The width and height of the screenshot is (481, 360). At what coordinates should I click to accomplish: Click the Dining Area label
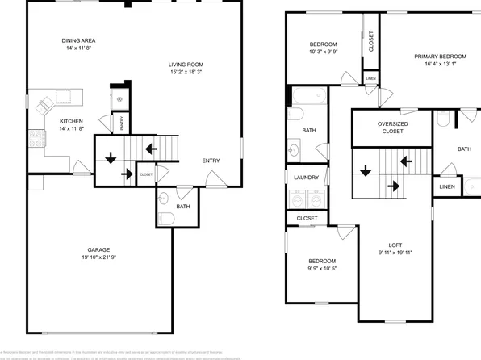[x=78, y=40]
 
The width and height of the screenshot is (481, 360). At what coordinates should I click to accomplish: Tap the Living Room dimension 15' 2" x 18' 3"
[x=186, y=73]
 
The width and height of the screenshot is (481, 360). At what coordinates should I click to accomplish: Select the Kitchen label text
[x=71, y=121]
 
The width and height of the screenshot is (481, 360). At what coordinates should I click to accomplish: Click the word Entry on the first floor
[x=211, y=161]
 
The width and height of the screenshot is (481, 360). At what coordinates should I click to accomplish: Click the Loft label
[x=395, y=245]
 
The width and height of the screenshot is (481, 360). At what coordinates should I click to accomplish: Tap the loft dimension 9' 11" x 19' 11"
[x=395, y=253]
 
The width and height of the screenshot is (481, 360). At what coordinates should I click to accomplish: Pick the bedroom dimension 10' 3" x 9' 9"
[x=323, y=52]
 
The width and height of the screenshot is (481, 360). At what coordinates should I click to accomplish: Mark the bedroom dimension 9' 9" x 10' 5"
[x=321, y=270]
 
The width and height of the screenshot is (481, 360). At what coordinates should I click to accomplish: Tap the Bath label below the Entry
[x=183, y=207]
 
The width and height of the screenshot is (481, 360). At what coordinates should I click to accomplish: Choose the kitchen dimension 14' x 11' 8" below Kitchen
[x=71, y=129]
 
